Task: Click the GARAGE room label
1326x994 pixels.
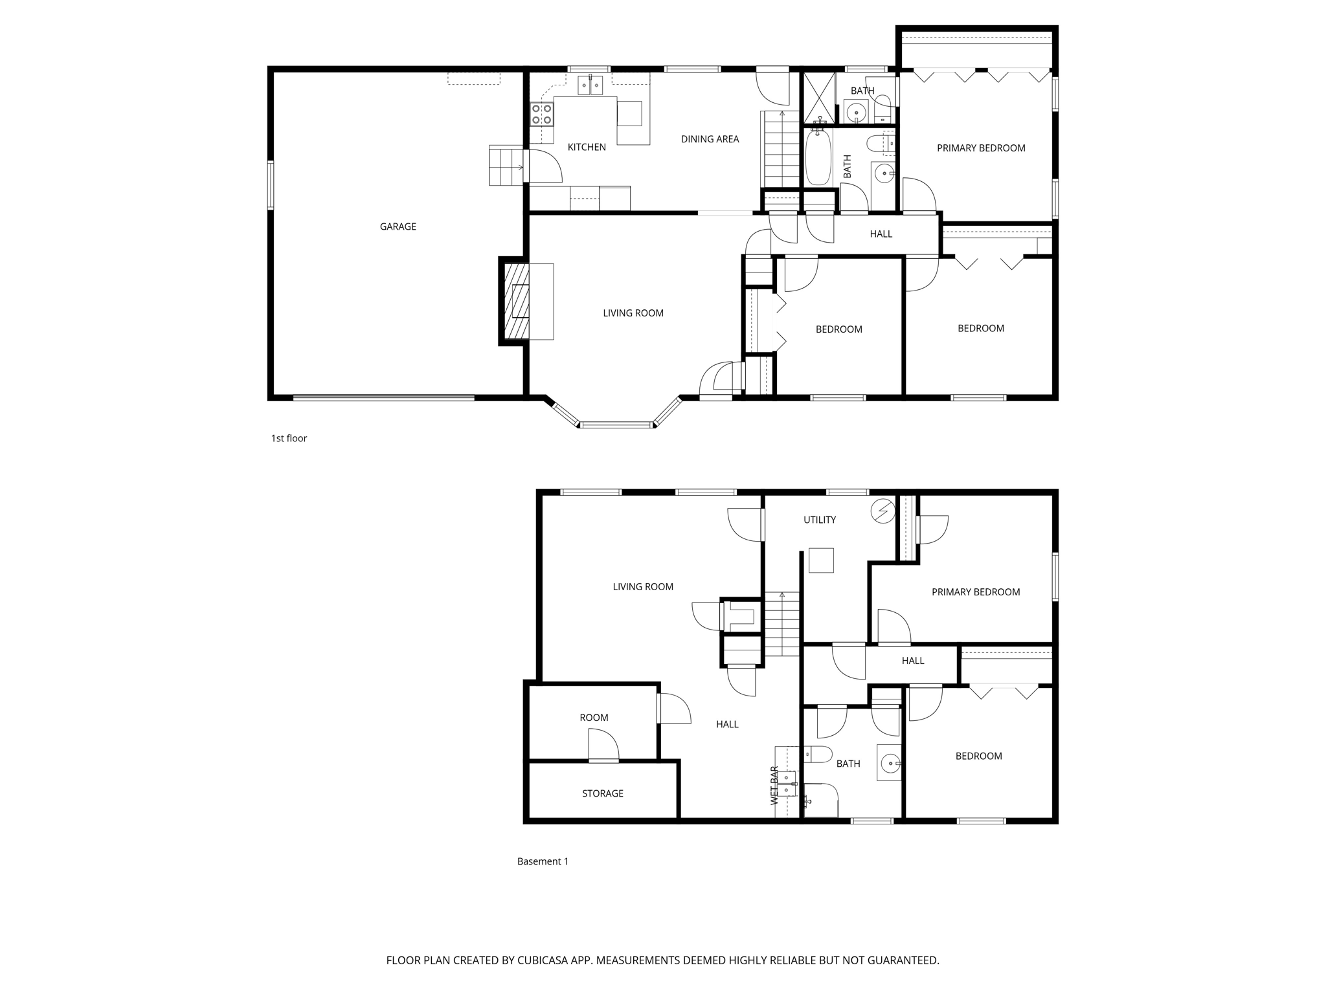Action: pyautogui.click(x=398, y=226)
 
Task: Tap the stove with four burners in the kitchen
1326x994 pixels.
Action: pyautogui.click(x=541, y=115)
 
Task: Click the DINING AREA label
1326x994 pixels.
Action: pyautogui.click(x=710, y=139)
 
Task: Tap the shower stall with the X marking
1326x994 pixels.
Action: pyautogui.click(x=818, y=98)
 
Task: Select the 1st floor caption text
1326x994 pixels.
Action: pyautogui.click(x=289, y=438)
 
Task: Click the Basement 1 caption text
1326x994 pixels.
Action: pyautogui.click(x=543, y=861)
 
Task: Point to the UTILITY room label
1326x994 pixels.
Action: pyautogui.click(x=819, y=520)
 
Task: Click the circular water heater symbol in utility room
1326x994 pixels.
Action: pyautogui.click(x=882, y=511)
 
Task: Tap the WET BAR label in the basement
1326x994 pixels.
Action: pyautogui.click(x=774, y=786)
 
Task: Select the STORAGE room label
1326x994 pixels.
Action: pyautogui.click(x=602, y=793)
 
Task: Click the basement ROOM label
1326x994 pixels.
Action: pyautogui.click(x=594, y=718)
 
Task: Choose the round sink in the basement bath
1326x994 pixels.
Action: pyautogui.click(x=891, y=764)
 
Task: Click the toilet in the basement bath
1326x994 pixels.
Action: pyautogui.click(x=818, y=754)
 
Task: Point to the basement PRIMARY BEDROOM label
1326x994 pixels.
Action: pyautogui.click(x=975, y=592)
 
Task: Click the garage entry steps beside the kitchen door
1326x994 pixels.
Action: pyautogui.click(x=506, y=166)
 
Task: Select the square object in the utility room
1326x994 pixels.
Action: pyautogui.click(x=821, y=560)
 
